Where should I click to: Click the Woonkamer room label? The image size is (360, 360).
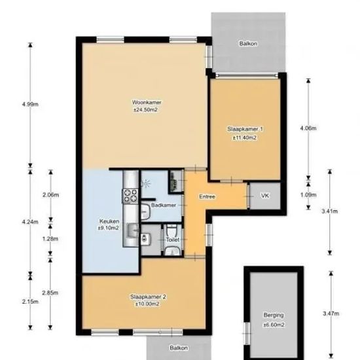(x=147, y=102)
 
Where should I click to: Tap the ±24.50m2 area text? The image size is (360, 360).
(x=145, y=110)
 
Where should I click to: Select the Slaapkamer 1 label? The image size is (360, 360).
(x=245, y=129)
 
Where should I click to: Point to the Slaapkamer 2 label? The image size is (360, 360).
(x=148, y=297)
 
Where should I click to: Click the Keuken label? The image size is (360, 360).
(x=109, y=221)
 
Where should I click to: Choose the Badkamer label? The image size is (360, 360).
(x=164, y=205)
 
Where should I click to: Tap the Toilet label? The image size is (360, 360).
(x=173, y=240)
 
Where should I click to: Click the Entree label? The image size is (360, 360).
(x=207, y=196)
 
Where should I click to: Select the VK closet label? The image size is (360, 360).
(x=264, y=196)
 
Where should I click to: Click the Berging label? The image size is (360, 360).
(x=274, y=315)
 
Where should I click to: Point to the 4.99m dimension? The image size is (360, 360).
(x=30, y=104)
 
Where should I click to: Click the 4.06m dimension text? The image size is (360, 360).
(x=308, y=128)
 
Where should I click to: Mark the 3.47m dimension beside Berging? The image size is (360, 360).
(x=331, y=314)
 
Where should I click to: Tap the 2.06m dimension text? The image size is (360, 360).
(x=50, y=195)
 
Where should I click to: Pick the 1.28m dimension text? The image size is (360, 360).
(x=50, y=239)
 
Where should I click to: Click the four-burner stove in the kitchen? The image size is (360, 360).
(x=131, y=196)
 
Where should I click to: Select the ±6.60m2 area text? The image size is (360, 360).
(x=274, y=325)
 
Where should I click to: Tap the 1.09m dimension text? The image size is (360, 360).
(x=308, y=195)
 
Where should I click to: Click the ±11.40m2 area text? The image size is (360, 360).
(x=245, y=137)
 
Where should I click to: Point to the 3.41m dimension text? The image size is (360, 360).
(x=330, y=211)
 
